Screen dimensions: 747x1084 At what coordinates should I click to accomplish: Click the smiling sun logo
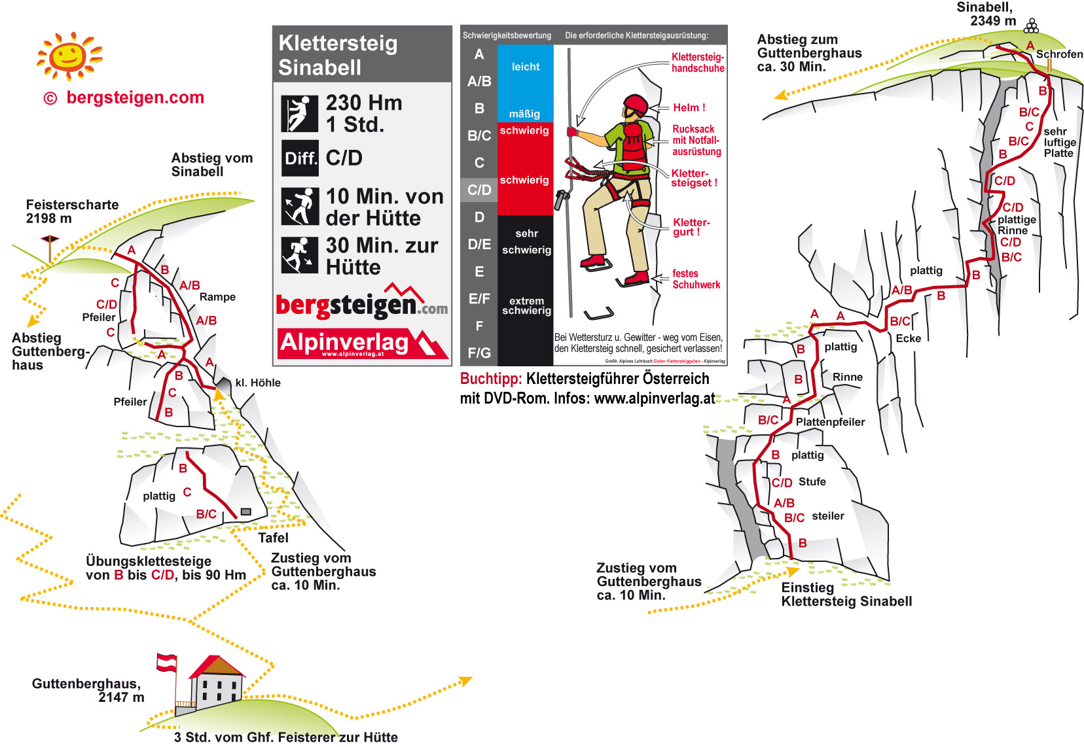[69, 56]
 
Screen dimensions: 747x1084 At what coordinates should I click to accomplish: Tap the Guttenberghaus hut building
[216, 684]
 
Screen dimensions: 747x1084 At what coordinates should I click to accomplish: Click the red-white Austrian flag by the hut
[167, 662]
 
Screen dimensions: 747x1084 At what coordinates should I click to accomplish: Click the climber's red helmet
[635, 104]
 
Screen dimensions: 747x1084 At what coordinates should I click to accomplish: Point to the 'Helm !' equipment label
[689, 108]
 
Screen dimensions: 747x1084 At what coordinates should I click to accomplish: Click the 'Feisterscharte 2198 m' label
[72, 211]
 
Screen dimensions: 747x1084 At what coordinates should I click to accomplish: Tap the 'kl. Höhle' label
[258, 383]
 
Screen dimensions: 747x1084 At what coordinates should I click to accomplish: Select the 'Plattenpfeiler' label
[830, 422]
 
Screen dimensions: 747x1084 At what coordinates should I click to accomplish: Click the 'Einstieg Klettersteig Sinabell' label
[846, 595]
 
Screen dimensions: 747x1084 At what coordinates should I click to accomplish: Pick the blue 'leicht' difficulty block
[525, 67]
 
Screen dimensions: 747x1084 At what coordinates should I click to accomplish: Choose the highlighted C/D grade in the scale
[479, 190]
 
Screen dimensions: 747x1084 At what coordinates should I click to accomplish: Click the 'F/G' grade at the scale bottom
[479, 353]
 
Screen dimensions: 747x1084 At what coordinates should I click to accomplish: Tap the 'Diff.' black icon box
[300, 158]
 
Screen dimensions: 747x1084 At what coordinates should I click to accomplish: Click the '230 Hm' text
[364, 103]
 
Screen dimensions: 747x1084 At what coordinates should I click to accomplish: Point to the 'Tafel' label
[273, 538]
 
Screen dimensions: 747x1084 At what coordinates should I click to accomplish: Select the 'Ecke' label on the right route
[908, 338]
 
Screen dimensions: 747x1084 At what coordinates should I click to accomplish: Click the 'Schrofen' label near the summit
[1059, 54]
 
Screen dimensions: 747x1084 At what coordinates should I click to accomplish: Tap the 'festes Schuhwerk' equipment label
[696, 279]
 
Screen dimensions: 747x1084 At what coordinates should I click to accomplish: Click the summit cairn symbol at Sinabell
[1031, 27]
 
